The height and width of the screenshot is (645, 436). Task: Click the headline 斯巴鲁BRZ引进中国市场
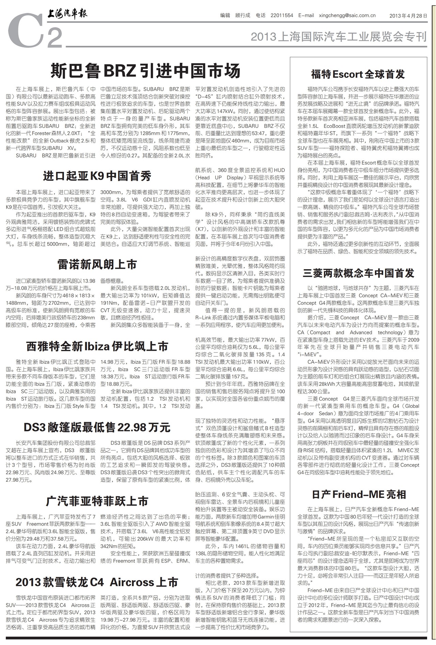pyautogui.click(x=145, y=71)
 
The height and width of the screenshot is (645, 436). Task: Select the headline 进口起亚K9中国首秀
pyautogui.click(x=97, y=176)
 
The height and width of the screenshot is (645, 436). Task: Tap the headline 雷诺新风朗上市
pyautogui.click(x=97, y=265)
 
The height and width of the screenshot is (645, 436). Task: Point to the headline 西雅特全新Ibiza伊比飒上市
pyautogui.click(x=97, y=346)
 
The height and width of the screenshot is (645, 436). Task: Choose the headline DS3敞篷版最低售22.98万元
pyautogui.click(x=97, y=427)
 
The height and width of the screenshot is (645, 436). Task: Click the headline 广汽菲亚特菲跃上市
pyautogui.click(x=97, y=501)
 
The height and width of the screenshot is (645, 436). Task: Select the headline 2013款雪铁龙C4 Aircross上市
pyautogui.click(x=97, y=582)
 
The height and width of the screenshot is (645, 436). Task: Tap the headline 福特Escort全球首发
pyautogui.click(x=358, y=74)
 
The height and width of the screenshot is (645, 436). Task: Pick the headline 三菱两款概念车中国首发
pyautogui.click(x=358, y=273)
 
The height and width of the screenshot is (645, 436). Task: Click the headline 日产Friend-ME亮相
pyautogui.click(x=358, y=494)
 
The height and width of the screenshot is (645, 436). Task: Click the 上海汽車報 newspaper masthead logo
pyautogui.click(x=67, y=14)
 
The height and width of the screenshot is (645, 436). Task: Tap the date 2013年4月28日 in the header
pyautogui.click(x=408, y=16)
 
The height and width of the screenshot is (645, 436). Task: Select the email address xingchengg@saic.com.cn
pyautogui.click(x=347, y=16)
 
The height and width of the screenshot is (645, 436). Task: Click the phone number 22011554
pyautogui.click(x=282, y=16)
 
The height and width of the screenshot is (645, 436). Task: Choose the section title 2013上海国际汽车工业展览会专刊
pyautogui.click(x=339, y=36)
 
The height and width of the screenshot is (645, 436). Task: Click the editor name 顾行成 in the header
pyautogui.click(x=243, y=16)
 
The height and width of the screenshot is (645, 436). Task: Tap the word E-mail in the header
pyautogui.click(x=306, y=16)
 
